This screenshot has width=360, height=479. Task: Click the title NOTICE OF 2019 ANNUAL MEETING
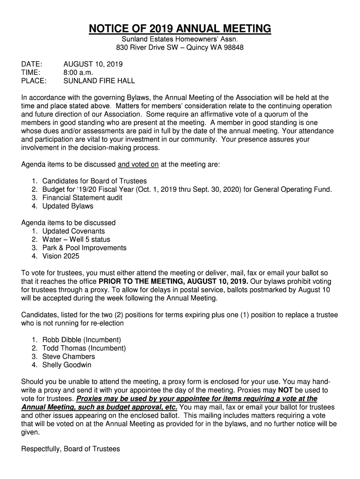pyautogui.click(x=180, y=29)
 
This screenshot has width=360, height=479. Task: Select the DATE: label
pyautogui.click(x=32, y=64)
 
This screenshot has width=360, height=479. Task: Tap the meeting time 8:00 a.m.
pyautogui.click(x=79, y=73)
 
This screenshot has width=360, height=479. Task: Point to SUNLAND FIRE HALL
pyautogui.click(x=99, y=81)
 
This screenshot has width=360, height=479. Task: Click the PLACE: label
pyautogui.click(x=34, y=81)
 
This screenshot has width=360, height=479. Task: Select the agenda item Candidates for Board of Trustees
pyautogui.click(x=94, y=181)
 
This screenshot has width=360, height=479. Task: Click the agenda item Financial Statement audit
pyautogui.click(x=82, y=198)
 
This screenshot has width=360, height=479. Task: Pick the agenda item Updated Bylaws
pyautogui.click(x=68, y=206)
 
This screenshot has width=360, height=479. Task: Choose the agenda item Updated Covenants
pyautogui.click(x=73, y=231)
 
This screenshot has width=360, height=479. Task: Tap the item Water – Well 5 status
pyautogui.click(x=76, y=239)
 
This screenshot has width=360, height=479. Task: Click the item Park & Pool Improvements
pyautogui.click(x=84, y=248)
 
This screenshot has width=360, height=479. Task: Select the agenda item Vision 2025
pyautogui.click(x=61, y=256)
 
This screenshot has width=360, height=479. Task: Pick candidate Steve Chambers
pyautogui.click(x=68, y=356)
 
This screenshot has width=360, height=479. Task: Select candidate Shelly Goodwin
pyautogui.click(x=67, y=365)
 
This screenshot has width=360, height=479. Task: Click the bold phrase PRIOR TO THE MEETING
pyautogui.click(x=141, y=282)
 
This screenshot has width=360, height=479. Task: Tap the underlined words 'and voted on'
pyautogui.click(x=138, y=165)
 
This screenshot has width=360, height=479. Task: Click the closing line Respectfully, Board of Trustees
pyautogui.click(x=71, y=449)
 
